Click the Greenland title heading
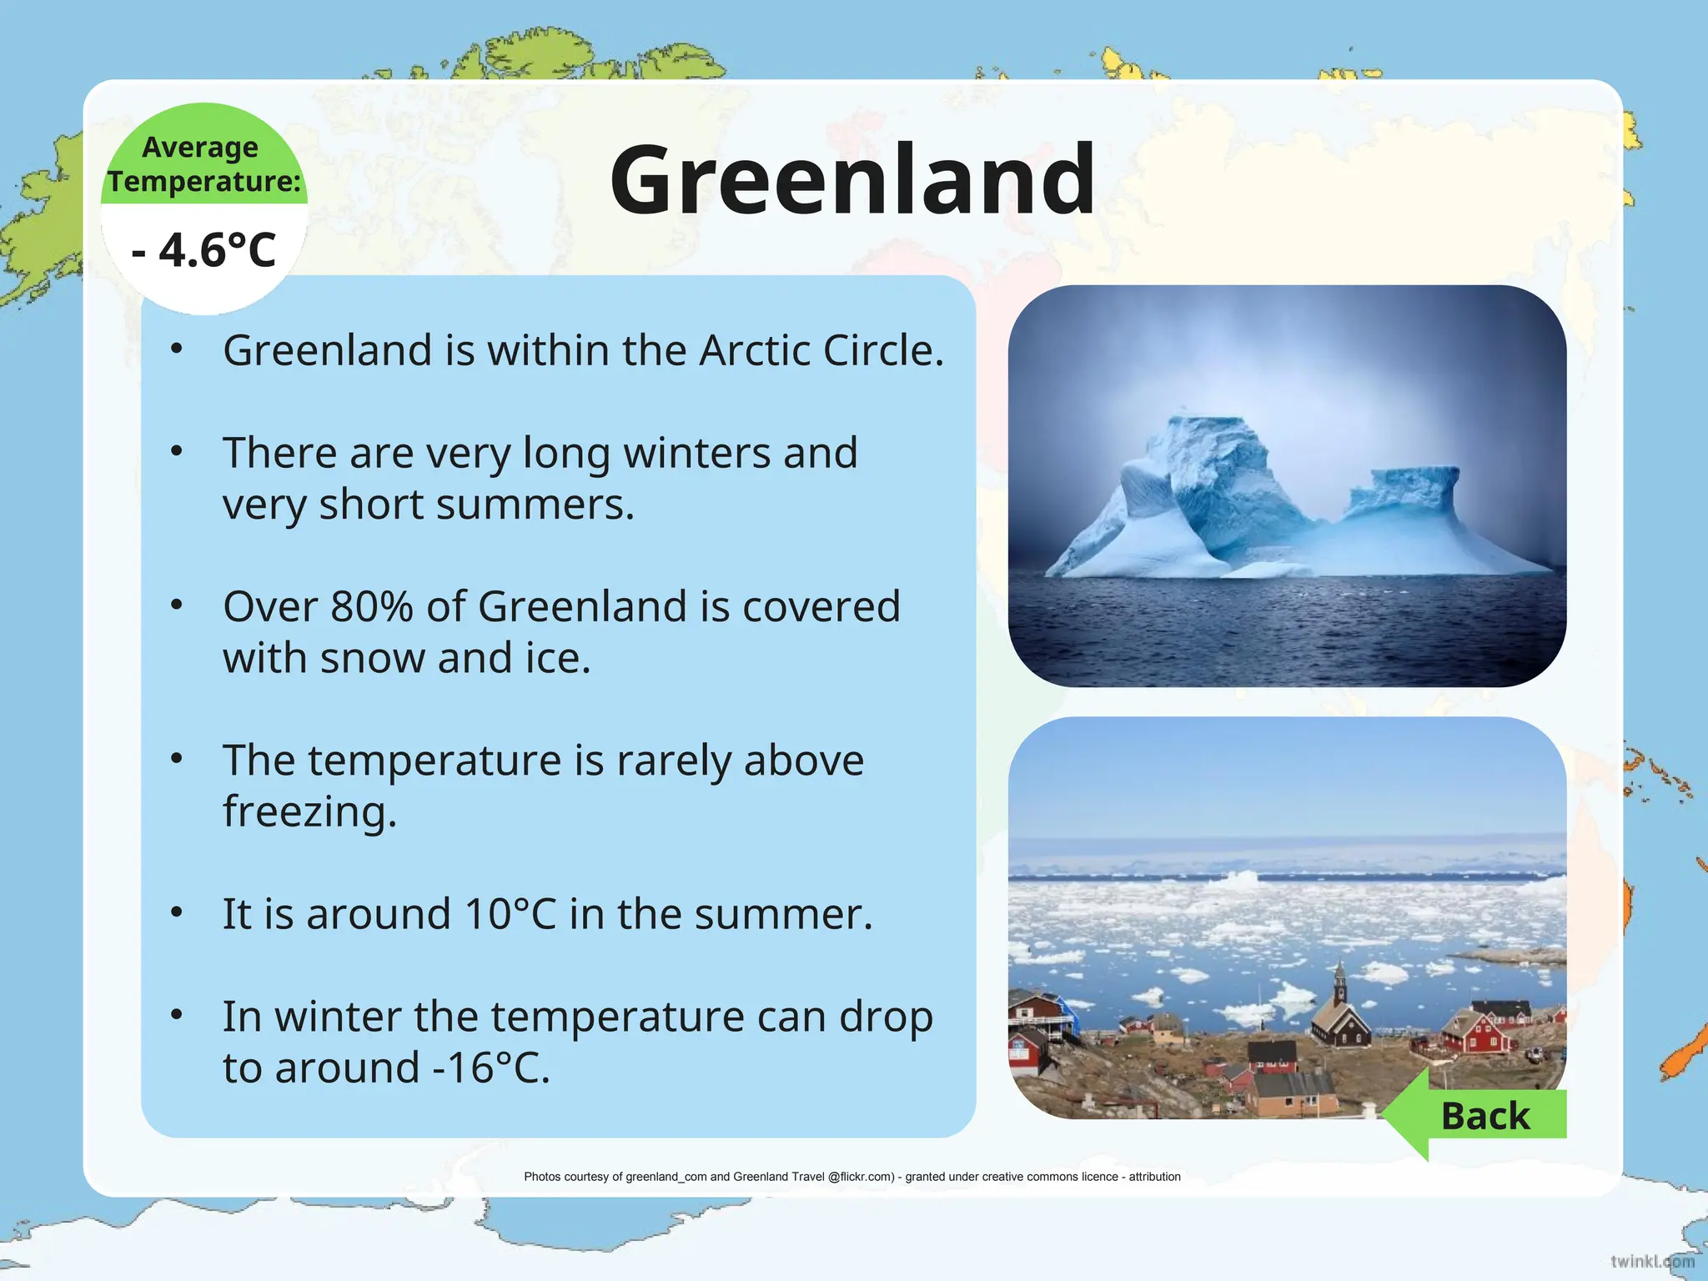pos(852,179)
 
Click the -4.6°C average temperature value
pos(204,249)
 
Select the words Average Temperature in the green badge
pos(204,164)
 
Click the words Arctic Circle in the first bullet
pos(821,350)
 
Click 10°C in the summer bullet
pos(510,914)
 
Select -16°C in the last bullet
pos(490,1067)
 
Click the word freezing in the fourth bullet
pos(309,811)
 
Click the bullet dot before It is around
pos(176,912)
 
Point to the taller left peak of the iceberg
pos(1209,442)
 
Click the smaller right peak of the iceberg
pos(1409,484)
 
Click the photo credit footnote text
pos(851,1177)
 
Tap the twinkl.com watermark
pos(1651,1261)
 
